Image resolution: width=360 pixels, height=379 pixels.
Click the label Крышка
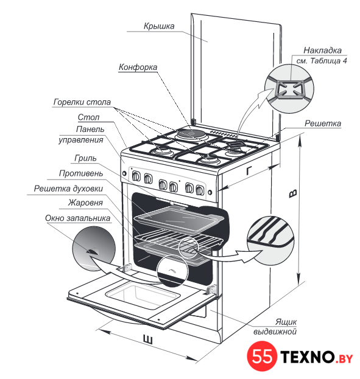pos(159,26)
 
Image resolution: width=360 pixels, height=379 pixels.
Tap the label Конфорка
pos(138,67)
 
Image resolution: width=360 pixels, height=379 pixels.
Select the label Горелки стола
pos(82,102)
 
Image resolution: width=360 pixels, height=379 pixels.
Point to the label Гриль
pos(85,158)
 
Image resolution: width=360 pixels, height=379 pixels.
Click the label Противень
pos(81,173)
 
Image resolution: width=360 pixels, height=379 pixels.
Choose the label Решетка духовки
pos(68,189)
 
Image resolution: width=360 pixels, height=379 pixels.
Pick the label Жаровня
pos(85,203)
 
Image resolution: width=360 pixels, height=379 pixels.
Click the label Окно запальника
pos(77,218)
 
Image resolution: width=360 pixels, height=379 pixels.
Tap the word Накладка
pos(322,50)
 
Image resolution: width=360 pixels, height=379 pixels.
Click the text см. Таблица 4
pos(322,61)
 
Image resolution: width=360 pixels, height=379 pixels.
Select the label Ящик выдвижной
pos(275,327)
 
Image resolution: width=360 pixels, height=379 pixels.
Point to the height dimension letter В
pos(293,193)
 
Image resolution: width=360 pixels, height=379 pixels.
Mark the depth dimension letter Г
pos(249,170)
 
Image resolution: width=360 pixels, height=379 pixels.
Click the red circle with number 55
pos(262,356)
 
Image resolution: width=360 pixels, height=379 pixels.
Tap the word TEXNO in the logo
pos(308,356)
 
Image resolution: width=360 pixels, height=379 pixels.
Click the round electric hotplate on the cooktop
pos(191,134)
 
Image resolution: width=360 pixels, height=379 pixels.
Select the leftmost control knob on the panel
pos(136,176)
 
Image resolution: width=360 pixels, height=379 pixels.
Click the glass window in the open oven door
pos(143,296)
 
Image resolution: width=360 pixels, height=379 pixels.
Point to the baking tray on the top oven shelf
pos(179,219)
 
